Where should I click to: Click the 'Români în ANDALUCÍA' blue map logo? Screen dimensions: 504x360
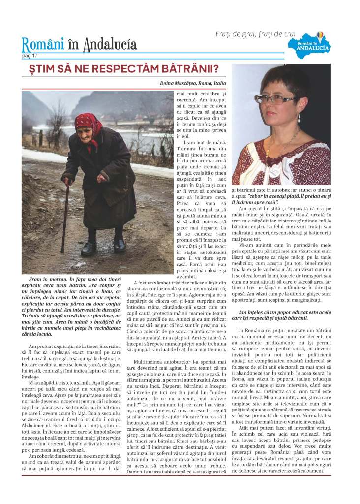click(x=315, y=44)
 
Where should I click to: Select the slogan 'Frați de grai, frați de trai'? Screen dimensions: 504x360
click(x=256, y=34)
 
